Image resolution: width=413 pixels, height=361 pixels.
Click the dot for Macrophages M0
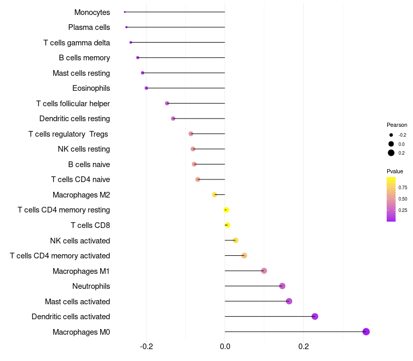click(366, 332)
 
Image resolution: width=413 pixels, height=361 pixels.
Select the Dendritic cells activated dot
click(315, 317)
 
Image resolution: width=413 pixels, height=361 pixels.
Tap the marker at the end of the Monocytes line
click(125, 12)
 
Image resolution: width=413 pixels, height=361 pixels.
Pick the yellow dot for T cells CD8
click(227, 225)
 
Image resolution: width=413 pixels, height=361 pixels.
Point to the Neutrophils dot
click(282, 286)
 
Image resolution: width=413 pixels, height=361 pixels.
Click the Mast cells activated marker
click(289, 301)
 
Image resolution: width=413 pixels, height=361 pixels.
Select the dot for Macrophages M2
click(215, 194)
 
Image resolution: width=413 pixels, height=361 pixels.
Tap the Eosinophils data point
click(147, 88)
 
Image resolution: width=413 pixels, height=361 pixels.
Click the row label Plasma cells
click(89, 27)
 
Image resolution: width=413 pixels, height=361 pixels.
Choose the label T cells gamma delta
click(76, 43)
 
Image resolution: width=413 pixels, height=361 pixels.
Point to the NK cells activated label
click(80, 241)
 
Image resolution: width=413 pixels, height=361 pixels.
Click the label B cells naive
click(89, 165)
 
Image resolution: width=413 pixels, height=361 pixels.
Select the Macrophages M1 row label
click(81, 271)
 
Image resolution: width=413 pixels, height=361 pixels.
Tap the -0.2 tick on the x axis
click(146, 346)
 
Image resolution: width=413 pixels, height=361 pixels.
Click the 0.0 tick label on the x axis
click(225, 346)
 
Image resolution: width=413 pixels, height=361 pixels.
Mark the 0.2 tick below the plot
click(304, 346)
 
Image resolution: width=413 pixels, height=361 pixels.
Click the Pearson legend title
click(397, 125)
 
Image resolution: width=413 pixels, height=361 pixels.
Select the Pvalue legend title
click(395, 171)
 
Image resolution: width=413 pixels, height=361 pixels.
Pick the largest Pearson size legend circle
click(391, 153)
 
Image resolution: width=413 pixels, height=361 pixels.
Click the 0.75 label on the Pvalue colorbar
click(403, 188)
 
